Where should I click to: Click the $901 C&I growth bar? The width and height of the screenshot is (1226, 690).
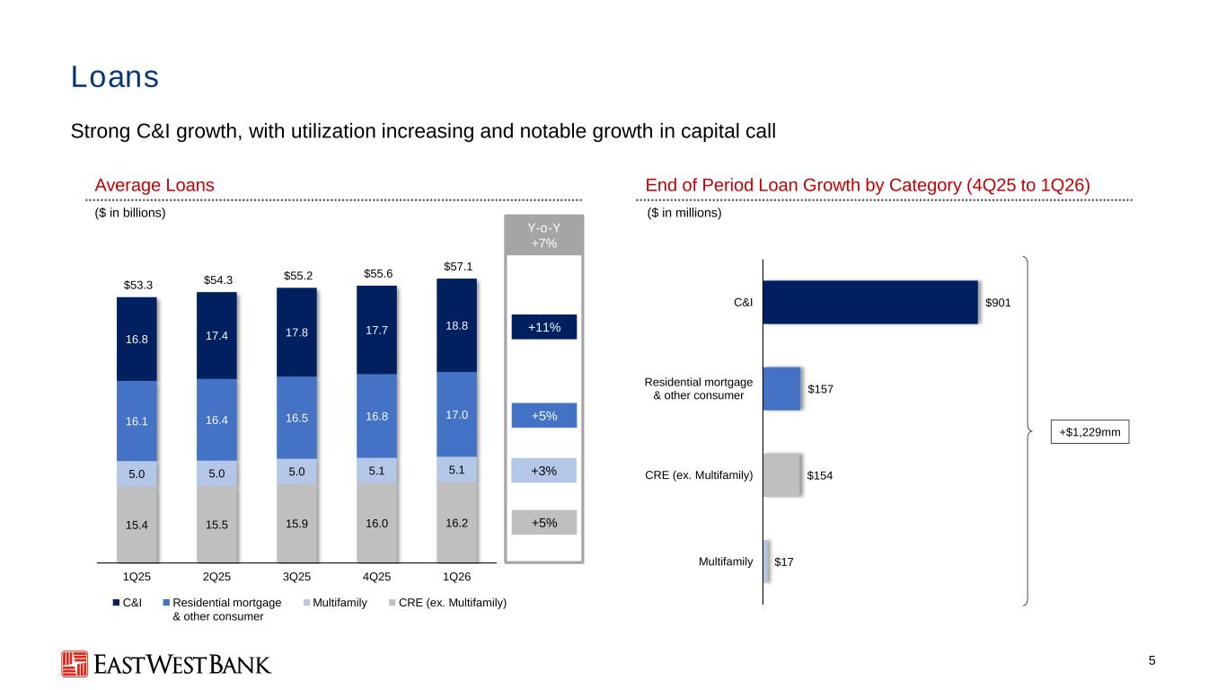870,302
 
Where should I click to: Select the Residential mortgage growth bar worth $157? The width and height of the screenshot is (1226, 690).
781,389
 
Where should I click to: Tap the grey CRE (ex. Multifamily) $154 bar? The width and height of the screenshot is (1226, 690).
781,475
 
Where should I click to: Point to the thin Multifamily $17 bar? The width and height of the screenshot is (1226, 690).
766,562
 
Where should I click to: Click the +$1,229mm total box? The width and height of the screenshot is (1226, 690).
1089,432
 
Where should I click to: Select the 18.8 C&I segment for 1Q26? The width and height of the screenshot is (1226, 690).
456,326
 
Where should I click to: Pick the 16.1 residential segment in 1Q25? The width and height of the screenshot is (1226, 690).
137,421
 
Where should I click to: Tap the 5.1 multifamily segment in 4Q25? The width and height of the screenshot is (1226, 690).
376,471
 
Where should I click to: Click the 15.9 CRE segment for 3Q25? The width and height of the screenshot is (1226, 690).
296,524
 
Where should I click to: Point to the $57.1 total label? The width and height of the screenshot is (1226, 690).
458,267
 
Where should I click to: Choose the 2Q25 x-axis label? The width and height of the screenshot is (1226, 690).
216,577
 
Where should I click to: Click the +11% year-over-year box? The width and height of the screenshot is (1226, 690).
544,327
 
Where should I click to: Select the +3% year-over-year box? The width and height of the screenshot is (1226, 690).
544,471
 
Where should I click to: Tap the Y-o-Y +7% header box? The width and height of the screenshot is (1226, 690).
544,235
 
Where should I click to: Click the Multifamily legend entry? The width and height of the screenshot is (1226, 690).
335,602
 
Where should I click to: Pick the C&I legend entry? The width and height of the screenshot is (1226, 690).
127,602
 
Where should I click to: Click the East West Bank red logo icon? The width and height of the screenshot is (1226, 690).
75,664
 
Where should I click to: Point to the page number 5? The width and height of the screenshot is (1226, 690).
1151,661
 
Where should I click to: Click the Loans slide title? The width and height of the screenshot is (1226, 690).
115,76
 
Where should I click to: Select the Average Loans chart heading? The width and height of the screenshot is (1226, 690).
154,185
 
